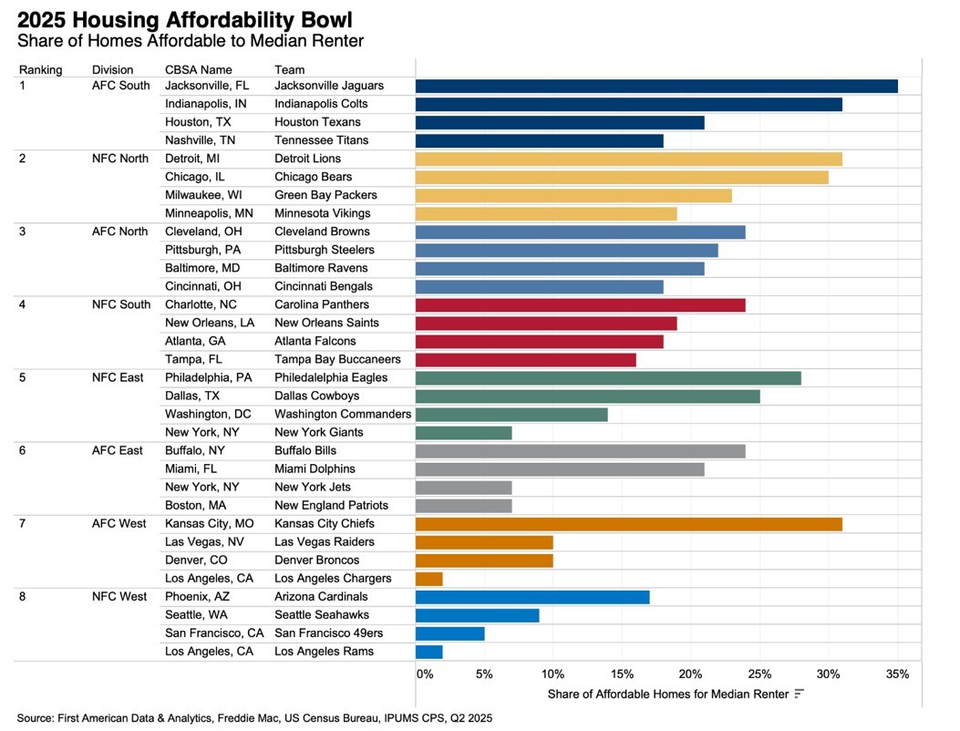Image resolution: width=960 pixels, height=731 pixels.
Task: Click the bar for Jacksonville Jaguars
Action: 656,86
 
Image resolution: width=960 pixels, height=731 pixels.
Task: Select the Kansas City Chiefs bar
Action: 628,524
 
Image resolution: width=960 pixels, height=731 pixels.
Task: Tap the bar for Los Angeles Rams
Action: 428,652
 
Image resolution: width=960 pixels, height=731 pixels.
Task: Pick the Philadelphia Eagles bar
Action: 608,377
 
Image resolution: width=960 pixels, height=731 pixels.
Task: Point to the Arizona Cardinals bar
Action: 532,597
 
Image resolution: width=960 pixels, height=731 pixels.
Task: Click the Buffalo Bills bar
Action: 580,450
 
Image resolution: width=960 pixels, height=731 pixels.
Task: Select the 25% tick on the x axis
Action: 759,674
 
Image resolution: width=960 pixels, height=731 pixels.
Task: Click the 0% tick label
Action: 425,674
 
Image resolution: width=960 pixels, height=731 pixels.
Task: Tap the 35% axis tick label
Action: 897,674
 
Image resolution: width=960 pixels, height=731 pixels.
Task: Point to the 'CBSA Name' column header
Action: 198,69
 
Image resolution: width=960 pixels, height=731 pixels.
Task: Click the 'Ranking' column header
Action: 41,69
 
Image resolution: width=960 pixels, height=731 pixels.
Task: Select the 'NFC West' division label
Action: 119,597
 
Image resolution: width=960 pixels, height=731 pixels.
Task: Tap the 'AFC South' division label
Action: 121,86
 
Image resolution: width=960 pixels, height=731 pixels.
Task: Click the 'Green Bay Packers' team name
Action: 325,195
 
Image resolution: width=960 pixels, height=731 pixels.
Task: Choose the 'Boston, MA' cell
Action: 196,506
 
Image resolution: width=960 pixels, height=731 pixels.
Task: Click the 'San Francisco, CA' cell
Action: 214,633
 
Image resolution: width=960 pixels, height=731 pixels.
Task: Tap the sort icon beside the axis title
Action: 799,695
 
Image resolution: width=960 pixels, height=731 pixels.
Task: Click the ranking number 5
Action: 24,377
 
